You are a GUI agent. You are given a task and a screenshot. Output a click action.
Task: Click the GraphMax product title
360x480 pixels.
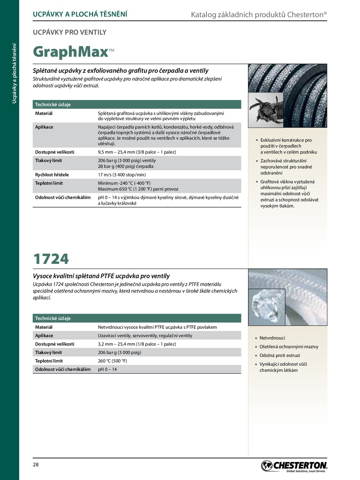click(x=71, y=52)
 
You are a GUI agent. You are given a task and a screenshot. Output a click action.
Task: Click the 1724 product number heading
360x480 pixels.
click(x=51, y=259)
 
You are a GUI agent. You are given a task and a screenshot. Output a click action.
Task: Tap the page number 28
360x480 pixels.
click(x=36, y=465)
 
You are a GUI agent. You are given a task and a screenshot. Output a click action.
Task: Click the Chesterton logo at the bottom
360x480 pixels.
click(x=294, y=466)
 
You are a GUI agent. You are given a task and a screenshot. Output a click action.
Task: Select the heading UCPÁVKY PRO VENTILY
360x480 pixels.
click(x=69, y=32)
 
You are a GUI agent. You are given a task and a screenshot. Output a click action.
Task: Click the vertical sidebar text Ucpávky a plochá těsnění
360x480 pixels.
click(x=14, y=74)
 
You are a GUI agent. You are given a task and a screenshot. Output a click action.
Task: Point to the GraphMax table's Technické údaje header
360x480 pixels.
click(x=53, y=104)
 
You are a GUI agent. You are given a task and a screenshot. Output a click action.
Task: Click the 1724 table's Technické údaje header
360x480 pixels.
click(x=53, y=318)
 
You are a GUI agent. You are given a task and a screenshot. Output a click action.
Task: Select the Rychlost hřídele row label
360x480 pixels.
click(x=52, y=175)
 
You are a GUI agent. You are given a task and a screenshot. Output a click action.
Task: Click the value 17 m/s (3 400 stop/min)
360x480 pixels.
click(x=122, y=175)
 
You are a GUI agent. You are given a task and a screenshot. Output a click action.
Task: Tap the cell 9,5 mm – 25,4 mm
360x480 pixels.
click(x=137, y=152)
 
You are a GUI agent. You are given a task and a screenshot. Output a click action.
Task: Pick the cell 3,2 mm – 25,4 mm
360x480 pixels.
click(x=137, y=344)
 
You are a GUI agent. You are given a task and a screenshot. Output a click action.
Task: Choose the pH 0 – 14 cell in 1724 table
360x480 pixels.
click(x=107, y=369)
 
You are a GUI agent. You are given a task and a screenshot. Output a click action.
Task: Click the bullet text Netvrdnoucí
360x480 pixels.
click(x=272, y=338)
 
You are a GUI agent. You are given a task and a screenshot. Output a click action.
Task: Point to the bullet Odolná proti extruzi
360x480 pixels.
click(x=280, y=355)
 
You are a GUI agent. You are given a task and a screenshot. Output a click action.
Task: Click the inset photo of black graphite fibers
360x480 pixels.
click(x=266, y=110)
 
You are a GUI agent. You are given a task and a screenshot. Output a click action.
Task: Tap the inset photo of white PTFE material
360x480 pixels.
click(x=266, y=307)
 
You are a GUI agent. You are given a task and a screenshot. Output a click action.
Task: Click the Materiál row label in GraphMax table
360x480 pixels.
click(x=44, y=113)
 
